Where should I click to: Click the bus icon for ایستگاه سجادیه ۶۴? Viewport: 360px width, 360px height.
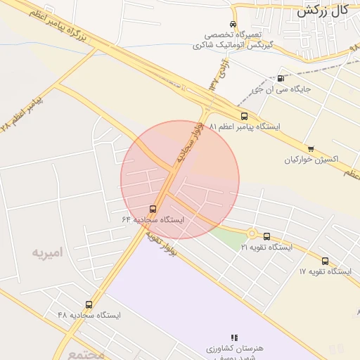pyautogui.click(x=153, y=209)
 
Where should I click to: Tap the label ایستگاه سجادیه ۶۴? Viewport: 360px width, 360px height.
pyautogui.click(x=153, y=220)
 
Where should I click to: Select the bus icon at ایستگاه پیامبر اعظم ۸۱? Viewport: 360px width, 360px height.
pyautogui.click(x=244, y=116)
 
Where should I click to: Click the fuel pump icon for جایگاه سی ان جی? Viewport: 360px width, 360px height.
pyautogui.click(x=281, y=78)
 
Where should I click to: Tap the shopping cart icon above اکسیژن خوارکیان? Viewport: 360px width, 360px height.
pyautogui.click(x=311, y=148)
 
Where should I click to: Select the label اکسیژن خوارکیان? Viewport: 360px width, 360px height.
pyautogui.click(x=311, y=160)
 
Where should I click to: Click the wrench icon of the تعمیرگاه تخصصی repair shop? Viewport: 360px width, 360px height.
pyautogui.click(x=237, y=23)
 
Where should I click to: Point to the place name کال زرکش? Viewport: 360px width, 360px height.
pyautogui.click(x=323, y=11)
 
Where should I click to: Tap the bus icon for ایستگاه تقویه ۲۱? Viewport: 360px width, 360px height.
pyautogui.click(x=266, y=236)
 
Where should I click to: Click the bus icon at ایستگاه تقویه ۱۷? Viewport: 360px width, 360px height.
pyautogui.click(x=325, y=260)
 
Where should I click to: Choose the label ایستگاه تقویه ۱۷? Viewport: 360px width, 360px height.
pyautogui.click(x=325, y=271)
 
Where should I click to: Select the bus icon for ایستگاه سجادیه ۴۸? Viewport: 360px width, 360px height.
pyautogui.click(x=89, y=304)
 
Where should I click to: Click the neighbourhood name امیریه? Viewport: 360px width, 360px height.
pyautogui.click(x=46, y=252)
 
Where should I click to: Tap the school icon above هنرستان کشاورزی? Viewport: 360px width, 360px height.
pyautogui.click(x=234, y=338)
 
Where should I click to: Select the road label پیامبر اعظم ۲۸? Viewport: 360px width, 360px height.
pyautogui.click(x=21, y=114)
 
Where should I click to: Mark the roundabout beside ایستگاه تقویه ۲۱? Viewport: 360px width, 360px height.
pyautogui.click(x=251, y=233)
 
